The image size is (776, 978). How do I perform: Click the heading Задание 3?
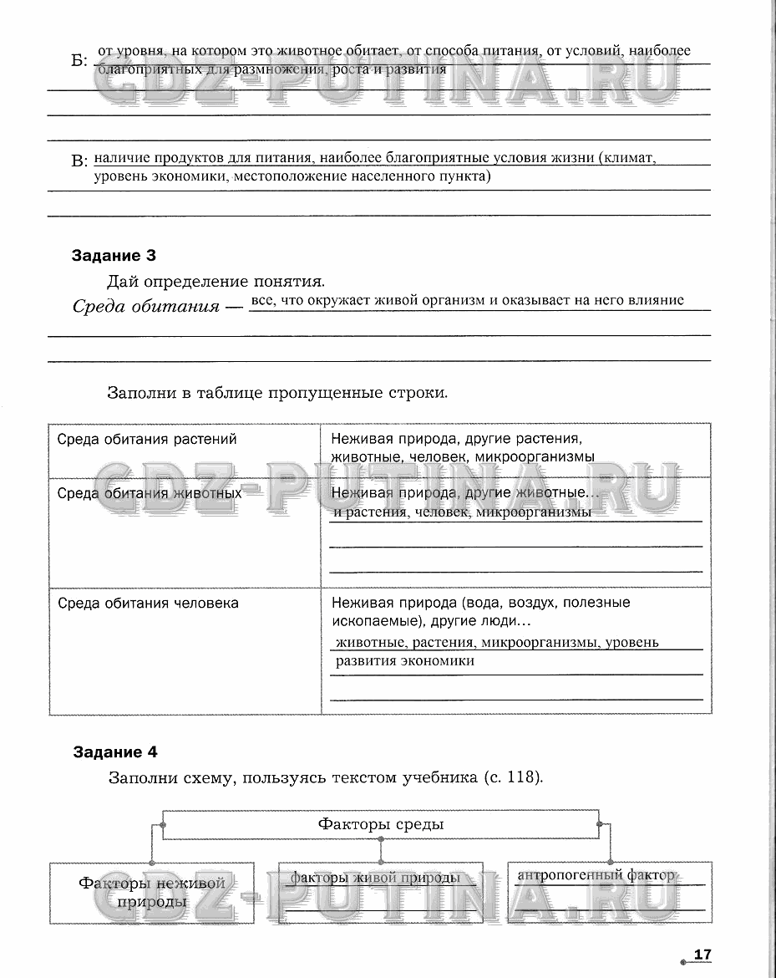(114, 256)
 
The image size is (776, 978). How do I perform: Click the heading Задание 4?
(114, 751)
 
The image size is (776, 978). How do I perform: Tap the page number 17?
(702, 955)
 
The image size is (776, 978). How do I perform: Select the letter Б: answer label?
(79, 60)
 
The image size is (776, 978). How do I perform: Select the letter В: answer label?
(79, 160)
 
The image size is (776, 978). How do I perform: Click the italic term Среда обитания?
(146, 306)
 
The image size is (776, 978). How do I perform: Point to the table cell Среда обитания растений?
(147, 439)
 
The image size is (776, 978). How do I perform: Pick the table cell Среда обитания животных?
(150, 493)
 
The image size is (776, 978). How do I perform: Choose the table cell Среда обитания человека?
(148, 603)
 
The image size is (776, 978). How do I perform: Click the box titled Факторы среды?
(381, 824)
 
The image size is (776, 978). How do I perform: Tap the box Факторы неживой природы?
(152, 892)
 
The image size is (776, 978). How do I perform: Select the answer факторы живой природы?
(375, 878)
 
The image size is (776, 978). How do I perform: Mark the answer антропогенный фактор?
(596, 875)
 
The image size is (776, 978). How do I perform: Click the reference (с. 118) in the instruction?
(513, 777)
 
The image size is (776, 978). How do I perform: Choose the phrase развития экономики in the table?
(405, 660)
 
